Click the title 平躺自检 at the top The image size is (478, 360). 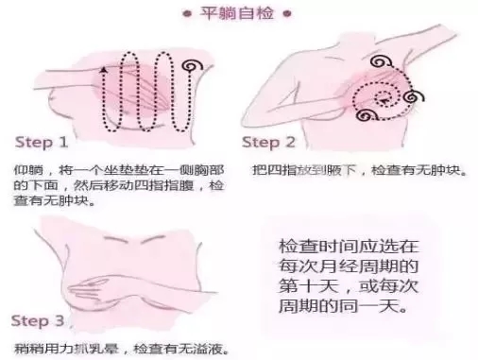click(x=237, y=13)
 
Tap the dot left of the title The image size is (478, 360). click(x=187, y=14)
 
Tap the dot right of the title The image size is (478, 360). click(x=287, y=14)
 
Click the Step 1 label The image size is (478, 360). click(x=42, y=143)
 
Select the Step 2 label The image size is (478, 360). click(x=268, y=143)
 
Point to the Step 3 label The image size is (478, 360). click(x=38, y=321)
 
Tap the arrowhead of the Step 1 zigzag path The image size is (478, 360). click(x=103, y=70)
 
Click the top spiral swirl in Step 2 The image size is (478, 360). click(x=380, y=61)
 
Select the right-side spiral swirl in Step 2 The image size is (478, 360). click(x=414, y=97)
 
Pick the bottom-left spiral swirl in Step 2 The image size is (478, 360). click(x=367, y=115)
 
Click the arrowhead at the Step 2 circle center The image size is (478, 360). click(x=384, y=101)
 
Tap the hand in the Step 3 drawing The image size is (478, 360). click(x=92, y=286)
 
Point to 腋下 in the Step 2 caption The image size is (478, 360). click(x=341, y=170)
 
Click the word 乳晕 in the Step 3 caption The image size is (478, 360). click(x=103, y=349)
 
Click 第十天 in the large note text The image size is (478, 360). click(x=309, y=286)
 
